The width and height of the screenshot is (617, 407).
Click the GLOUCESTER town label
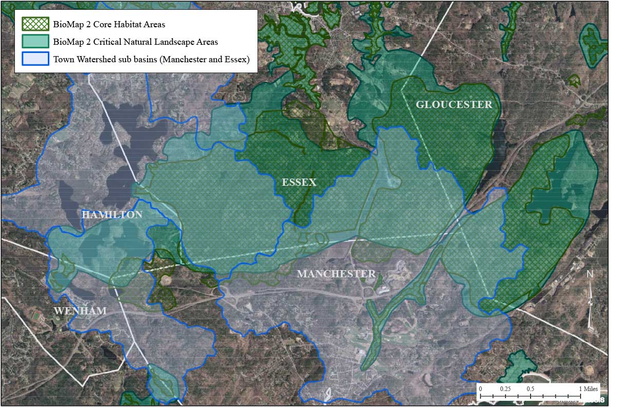[x=453, y=105]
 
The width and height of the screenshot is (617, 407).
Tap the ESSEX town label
[x=299, y=183]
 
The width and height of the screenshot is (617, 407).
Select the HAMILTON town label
[x=112, y=215]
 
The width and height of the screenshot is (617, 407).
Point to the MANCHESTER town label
[x=336, y=274]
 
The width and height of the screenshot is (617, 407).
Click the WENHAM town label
[x=80, y=311]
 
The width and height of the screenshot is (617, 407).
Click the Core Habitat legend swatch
[x=35, y=24]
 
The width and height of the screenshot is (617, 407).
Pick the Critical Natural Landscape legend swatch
[x=35, y=42]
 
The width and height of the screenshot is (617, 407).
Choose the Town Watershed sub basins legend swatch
[x=35, y=59]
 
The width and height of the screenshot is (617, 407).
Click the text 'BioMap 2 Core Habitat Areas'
[x=109, y=24]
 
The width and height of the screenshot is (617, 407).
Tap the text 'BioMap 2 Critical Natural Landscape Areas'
[x=135, y=42]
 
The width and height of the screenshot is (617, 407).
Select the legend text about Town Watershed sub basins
[x=151, y=59]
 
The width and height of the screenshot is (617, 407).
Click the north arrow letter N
[x=590, y=274]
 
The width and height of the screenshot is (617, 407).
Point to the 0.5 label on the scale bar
[x=531, y=389]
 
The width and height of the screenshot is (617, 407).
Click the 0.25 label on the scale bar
[x=505, y=389]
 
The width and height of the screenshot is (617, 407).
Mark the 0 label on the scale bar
[x=480, y=389]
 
